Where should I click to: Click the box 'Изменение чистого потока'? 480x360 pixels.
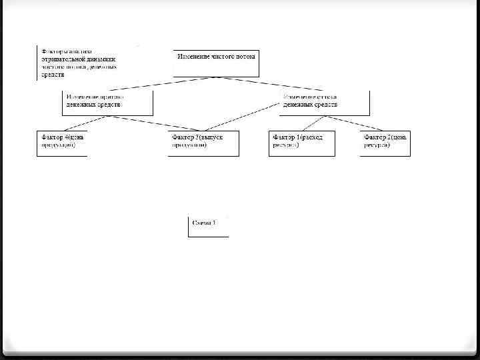(217, 63)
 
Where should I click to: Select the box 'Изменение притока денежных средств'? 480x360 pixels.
(107, 102)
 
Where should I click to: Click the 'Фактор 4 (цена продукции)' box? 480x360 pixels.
(61, 143)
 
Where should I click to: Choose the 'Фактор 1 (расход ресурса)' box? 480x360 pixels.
(301, 143)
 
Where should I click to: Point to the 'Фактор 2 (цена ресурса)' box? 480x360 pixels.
(385, 143)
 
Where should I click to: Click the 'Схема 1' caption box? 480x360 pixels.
(207, 225)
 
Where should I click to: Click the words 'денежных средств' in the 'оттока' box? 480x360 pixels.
(310, 105)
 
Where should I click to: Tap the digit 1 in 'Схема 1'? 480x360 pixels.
(213, 223)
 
